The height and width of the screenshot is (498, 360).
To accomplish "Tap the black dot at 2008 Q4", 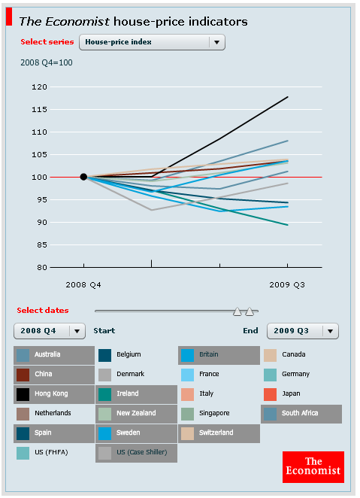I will [x=83, y=177].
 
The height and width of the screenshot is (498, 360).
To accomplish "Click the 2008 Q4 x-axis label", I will [x=83, y=284].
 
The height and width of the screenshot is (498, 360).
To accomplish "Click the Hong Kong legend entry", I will [x=52, y=393].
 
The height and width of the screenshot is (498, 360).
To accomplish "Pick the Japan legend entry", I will [x=293, y=393].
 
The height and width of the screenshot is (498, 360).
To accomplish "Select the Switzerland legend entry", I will [x=218, y=433].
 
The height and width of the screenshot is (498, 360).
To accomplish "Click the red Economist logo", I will [x=313, y=466].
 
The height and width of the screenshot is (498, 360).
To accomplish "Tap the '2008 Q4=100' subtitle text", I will [x=46, y=62].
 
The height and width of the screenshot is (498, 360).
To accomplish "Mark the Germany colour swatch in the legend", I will [x=271, y=374].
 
